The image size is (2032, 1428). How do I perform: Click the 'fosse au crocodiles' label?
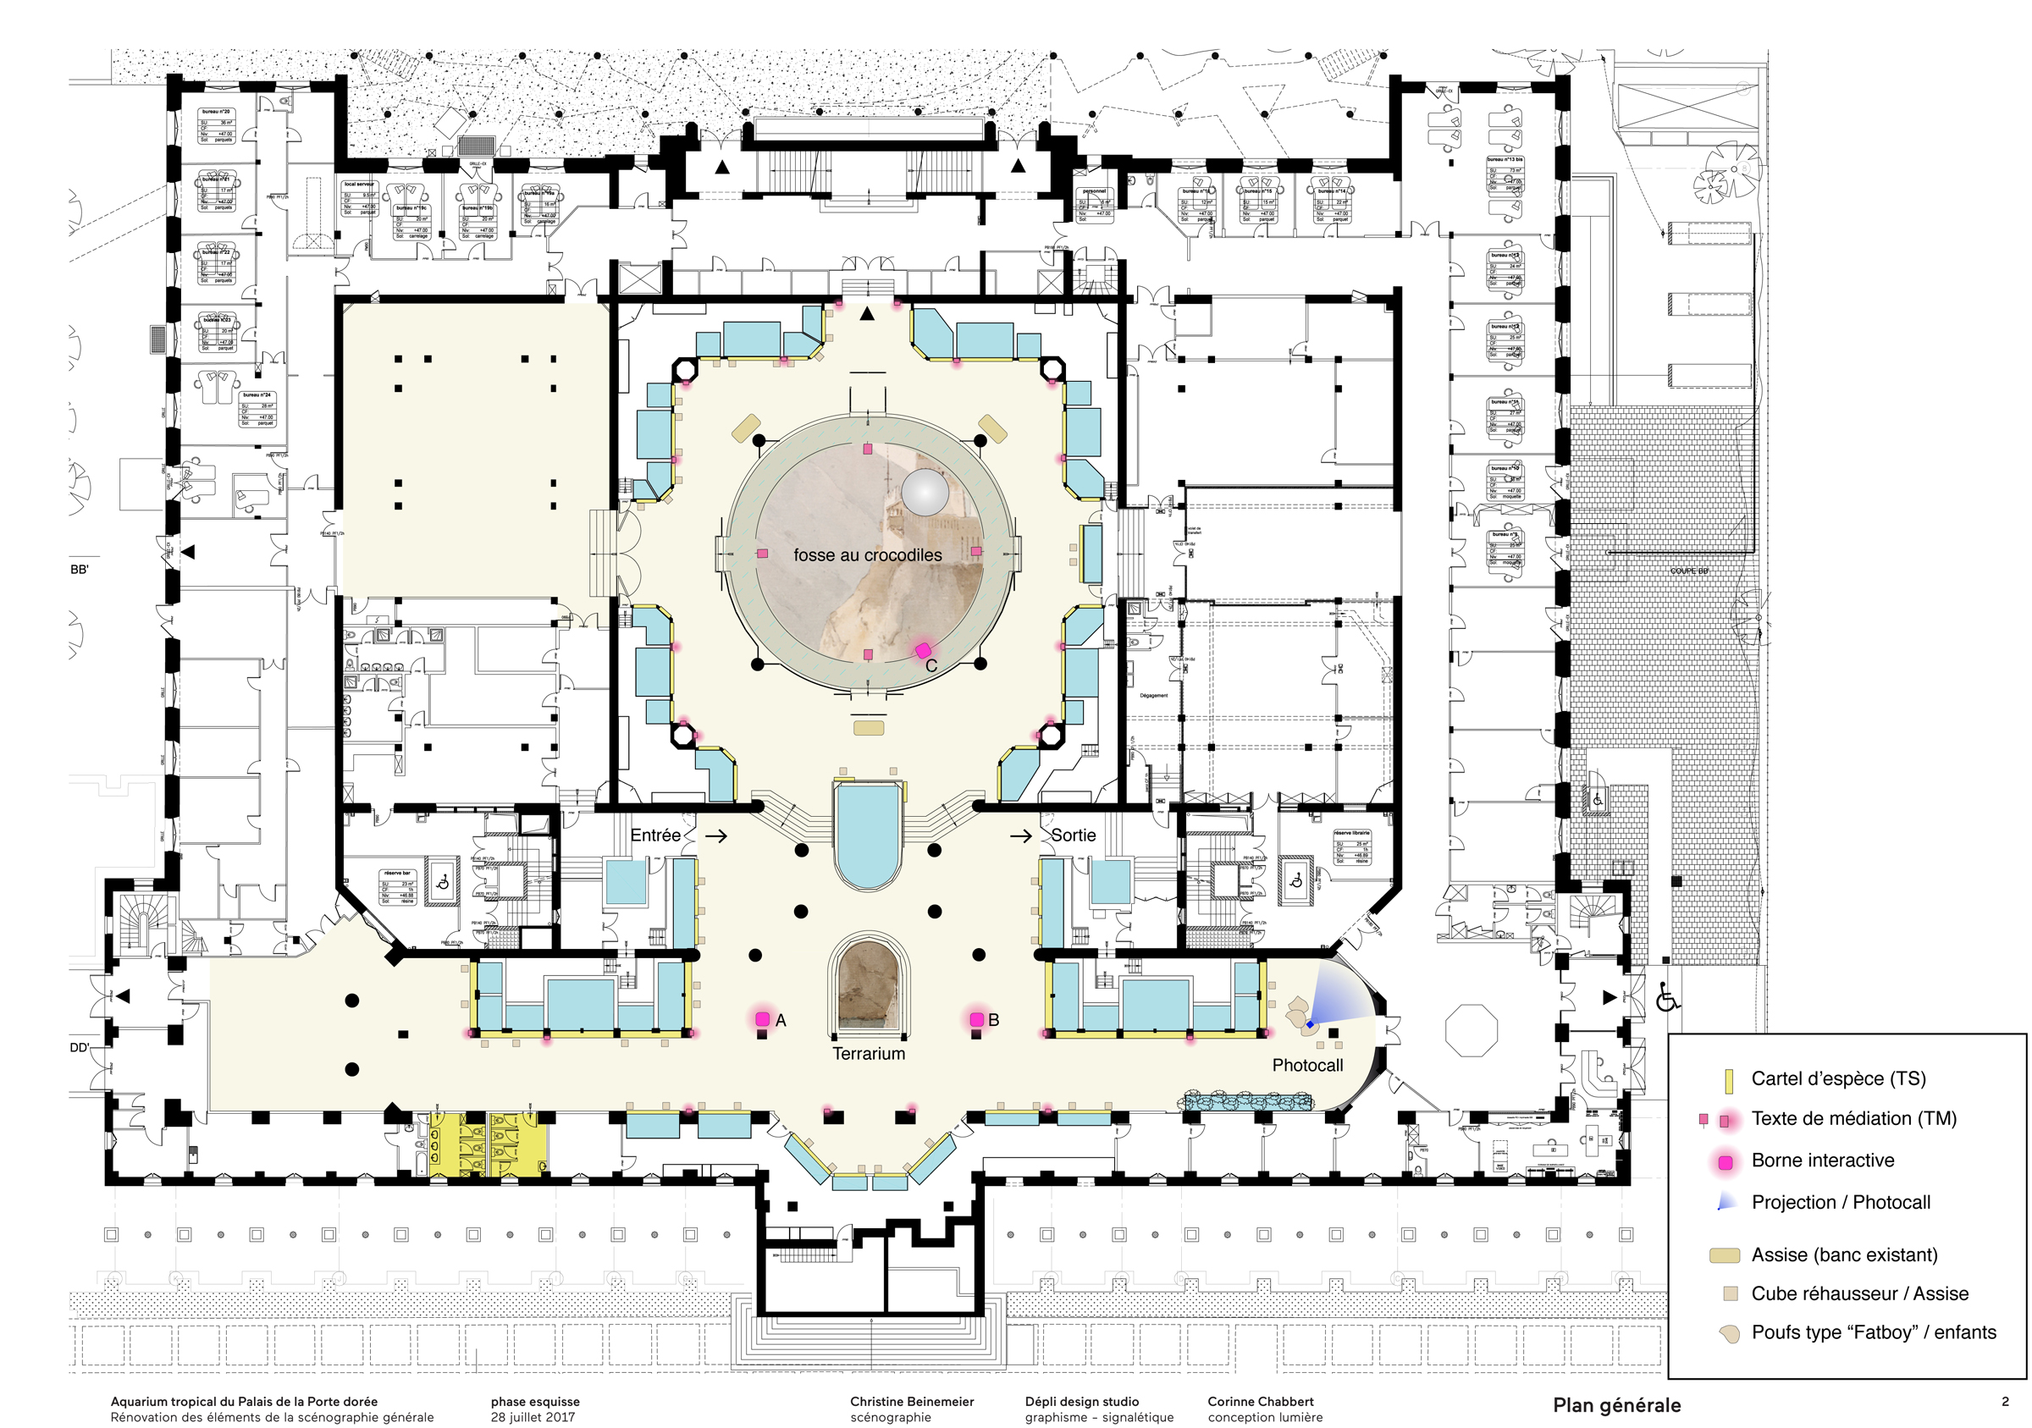tap(867, 554)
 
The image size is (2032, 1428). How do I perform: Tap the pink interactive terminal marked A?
tap(762, 1019)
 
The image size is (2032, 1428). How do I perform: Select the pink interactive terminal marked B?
tap(976, 1019)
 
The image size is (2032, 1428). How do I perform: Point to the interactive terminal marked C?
tap(923, 650)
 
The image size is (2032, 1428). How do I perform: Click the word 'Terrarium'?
tap(868, 1053)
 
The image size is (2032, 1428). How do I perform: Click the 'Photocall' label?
tap(1307, 1065)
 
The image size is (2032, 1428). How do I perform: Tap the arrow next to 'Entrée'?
tap(716, 835)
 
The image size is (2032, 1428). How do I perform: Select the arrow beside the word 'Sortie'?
tap(1020, 835)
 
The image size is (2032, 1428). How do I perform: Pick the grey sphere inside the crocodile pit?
tap(925, 491)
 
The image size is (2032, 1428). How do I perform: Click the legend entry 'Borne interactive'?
tap(1822, 1160)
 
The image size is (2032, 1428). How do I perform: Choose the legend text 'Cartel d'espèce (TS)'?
tap(1838, 1078)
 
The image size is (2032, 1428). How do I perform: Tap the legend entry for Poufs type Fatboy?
tap(1873, 1332)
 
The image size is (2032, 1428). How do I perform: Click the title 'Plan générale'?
tap(1616, 1405)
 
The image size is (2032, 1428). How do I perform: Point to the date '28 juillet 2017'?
tap(532, 1416)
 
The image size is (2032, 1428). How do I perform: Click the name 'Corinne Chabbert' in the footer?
tap(1261, 1402)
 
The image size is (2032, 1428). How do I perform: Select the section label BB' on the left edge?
tap(80, 570)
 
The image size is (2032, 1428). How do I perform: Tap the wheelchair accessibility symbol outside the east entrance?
tap(1667, 998)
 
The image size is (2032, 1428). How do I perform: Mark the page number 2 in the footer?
tap(2005, 1402)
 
